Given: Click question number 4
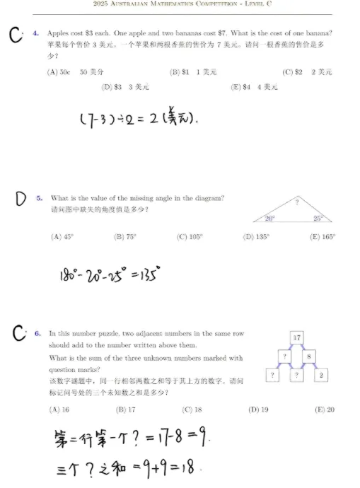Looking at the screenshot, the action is point(36,33).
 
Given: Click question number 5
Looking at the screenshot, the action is point(40,199).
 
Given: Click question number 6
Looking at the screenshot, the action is point(38,332).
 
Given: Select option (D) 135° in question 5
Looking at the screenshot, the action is point(256,238).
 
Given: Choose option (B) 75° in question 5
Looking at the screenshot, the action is point(125,238).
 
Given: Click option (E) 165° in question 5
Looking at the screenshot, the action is point(323,238).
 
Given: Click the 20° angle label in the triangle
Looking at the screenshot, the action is point(270,219).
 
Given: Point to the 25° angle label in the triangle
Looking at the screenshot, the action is point(319,219).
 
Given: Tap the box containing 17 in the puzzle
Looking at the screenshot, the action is point(297,337).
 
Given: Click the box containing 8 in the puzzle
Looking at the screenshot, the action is point(309,356).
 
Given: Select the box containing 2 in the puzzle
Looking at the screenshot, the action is point(321,375).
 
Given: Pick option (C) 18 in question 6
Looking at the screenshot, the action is point(192,409).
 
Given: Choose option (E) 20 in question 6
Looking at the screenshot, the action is point(325,409).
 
